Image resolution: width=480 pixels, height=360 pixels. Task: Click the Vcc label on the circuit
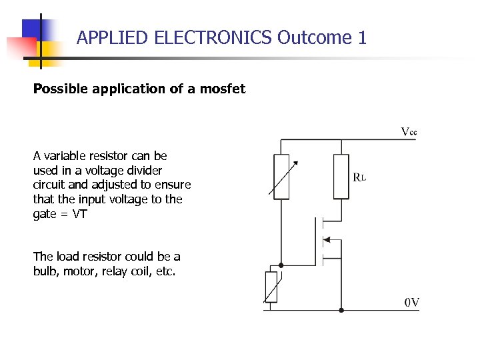pyautogui.click(x=409, y=131)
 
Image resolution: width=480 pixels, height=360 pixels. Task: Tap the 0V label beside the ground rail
pyautogui.click(x=412, y=302)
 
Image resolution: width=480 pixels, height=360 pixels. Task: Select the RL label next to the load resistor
pyautogui.click(x=359, y=177)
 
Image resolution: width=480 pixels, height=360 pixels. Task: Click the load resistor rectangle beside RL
pyautogui.click(x=341, y=176)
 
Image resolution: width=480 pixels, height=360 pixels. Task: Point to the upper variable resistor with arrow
pyautogui.click(x=282, y=176)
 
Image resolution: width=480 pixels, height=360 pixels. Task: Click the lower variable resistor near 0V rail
pyautogui.click(x=271, y=287)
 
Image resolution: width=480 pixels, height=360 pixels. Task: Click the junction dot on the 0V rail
pyautogui.click(x=341, y=310)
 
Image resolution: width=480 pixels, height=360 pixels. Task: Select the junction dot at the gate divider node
pyautogui.click(x=281, y=265)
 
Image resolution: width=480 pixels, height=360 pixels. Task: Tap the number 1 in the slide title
pyautogui.click(x=362, y=38)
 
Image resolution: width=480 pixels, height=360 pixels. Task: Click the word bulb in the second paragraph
pyautogui.click(x=45, y=271)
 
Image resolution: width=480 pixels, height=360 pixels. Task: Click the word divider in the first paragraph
pyautogui.click(x=143, y=170)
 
